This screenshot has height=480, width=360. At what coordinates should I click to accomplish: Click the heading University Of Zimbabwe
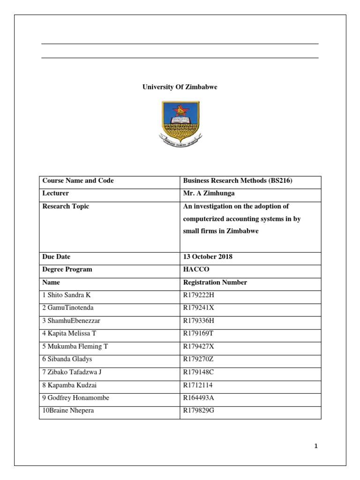[180, 87]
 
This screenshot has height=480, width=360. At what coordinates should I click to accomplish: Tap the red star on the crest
[180, 111]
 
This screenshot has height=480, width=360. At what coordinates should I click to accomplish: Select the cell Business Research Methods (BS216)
[238, 181]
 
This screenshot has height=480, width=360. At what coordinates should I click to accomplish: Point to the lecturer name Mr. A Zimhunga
[209, 193]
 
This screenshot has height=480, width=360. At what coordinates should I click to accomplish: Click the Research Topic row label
[66, 206]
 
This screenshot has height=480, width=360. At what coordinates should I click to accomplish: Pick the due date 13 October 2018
[208, 257]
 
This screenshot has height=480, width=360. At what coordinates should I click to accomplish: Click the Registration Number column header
[215, 283]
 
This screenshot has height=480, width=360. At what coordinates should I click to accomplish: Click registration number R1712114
[198, 385]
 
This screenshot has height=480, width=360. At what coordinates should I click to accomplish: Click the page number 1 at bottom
[316, 446]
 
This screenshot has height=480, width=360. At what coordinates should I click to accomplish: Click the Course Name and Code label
[78, 181]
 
